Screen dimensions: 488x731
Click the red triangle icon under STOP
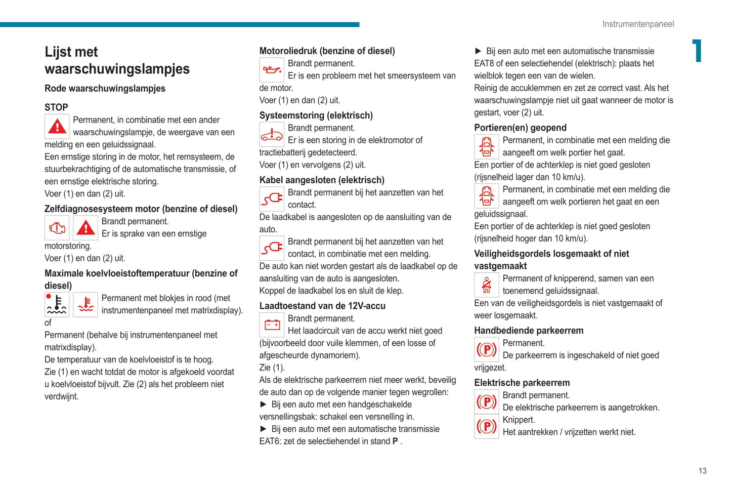click(x=57, y=126)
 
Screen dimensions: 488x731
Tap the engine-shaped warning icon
click(x=57, y=228)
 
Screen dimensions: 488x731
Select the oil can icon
click(x=272, y=70)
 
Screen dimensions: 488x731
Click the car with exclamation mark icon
click(x=272, y=134)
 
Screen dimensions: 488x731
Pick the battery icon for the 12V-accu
click(x=272, y=324)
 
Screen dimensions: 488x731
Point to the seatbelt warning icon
click(x=486, y=284)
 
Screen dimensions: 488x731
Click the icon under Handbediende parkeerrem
click(x=486, y=349)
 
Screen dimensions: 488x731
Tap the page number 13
click(x=702, y=471)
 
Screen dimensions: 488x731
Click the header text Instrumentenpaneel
click(x=638, y=24)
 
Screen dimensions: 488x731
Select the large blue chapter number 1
click(x=697, y=51)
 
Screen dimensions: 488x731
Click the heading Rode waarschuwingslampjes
click(x=105, y=89)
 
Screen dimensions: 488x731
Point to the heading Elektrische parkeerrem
click(x=522, y=383)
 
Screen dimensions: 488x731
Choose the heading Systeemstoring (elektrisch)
click(x=316, y=115)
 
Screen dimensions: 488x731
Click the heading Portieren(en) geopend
click(x=520, y=128)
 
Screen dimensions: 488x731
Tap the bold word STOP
click(x=56, y=107)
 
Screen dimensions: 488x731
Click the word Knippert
click(x=519, y=420)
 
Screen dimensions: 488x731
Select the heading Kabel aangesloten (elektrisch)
click(x=322, y=180)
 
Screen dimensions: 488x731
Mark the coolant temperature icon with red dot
click(x=57, y=304)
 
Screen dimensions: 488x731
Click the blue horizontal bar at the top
click(x=180, y=24)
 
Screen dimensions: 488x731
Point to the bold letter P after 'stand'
click(x=395, y=441)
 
